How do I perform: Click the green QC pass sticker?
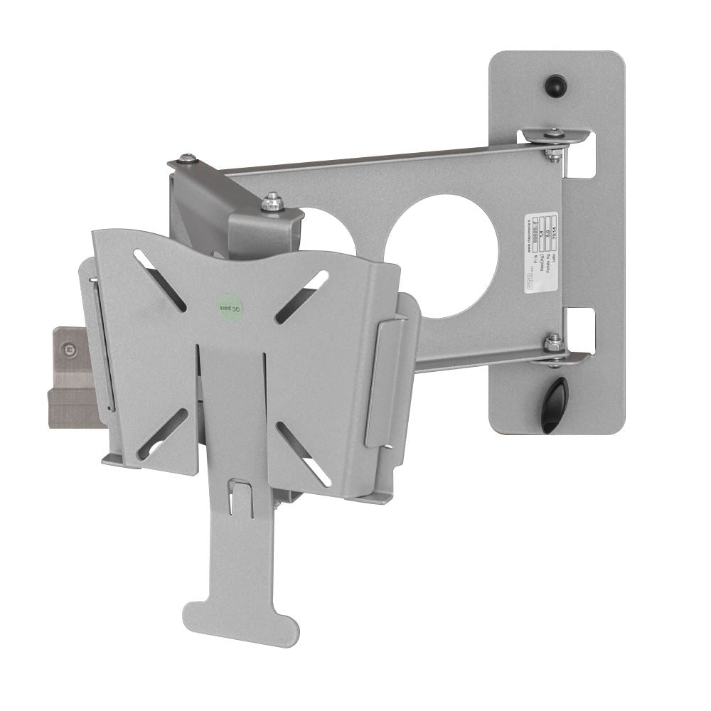(230, 306)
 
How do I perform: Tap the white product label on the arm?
(540, 252)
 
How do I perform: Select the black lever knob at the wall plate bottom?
(555, 404)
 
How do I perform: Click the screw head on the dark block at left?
(69, 348)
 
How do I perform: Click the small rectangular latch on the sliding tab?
(241, 494)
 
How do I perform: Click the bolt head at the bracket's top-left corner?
(186, 159)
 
